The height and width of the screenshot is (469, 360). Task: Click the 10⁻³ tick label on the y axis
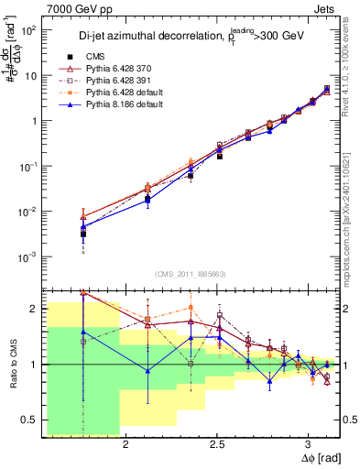(x=28, y=256)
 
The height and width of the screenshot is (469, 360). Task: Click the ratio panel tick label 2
(x=33, y=309)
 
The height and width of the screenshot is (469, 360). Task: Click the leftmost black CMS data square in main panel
(x=83, y=234)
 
